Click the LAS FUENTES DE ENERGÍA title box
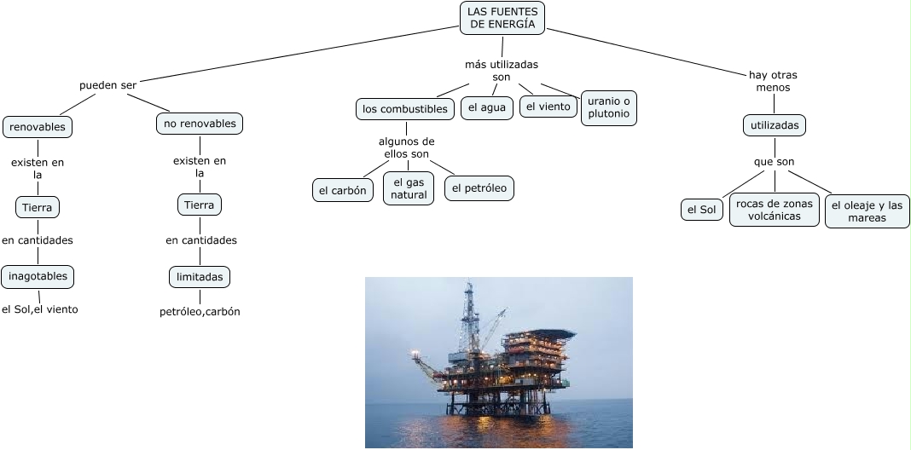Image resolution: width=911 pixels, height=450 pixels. click(x=502, y=18)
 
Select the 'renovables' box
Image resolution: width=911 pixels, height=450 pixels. click(x=38, y=127)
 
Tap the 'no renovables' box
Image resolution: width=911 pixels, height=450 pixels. click(x=200, y=124)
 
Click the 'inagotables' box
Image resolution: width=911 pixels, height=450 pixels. click(x=38, y=276)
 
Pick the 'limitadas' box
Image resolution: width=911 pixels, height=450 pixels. click(x=200, y=277)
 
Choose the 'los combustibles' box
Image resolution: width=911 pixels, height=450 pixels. click(x=404, y=109)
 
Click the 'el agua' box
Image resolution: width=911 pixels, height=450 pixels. click(x=487, y=107)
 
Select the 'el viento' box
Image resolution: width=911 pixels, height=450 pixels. click(x=548, y=107)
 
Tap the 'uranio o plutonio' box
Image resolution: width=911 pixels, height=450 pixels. click(x=609, y=107)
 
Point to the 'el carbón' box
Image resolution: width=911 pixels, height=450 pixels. click(x=342, y=190)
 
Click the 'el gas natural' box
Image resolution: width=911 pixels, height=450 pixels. click(x=409, y=188)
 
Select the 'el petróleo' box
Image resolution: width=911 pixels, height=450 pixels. click(x=479, y=187)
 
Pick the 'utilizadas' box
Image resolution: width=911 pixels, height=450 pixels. click(x=775, y=125)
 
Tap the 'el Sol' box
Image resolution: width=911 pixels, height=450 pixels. click(x=702, y=209)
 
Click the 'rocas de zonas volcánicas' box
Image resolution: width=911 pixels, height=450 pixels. click(x=775, y=210)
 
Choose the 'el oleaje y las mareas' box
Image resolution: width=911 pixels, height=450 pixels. click(x=867, y=211)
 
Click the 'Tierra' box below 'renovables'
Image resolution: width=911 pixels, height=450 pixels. click(x=38, y=207)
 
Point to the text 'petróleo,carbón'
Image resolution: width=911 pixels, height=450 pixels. click(x=200, y=311)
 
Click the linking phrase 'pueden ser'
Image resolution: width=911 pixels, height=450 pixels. click(x=107, y=84)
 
